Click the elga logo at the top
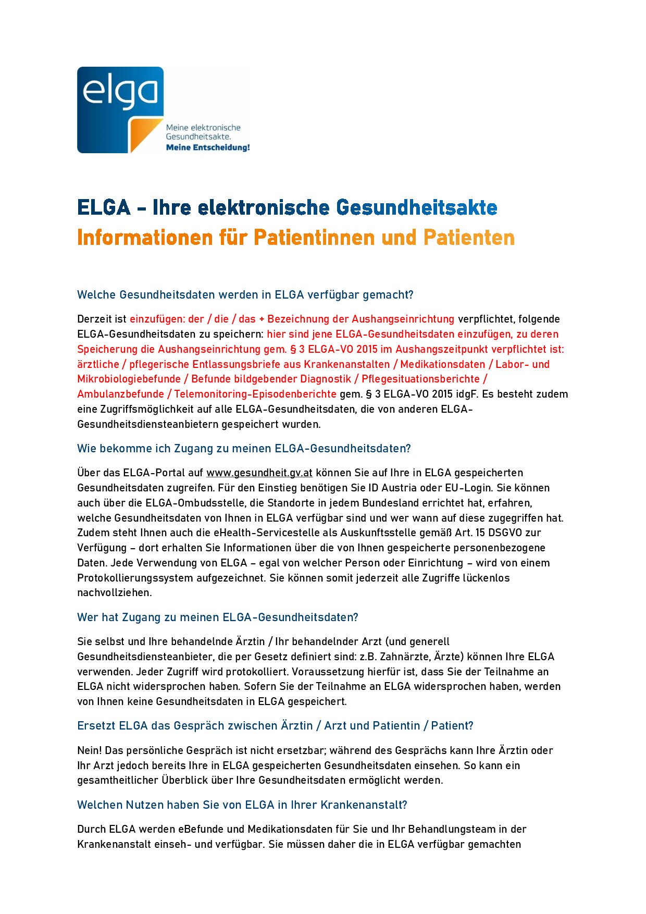click(x=120, y=109)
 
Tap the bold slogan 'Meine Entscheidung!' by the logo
click(x=207, y=147)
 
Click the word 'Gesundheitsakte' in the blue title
click(x=416, y=207)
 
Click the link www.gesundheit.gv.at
click(x=259, y=473)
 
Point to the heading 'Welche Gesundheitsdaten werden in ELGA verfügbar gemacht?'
click(x=245, y=295)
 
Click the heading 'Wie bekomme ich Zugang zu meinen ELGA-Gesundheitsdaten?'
click(x=244, y=449)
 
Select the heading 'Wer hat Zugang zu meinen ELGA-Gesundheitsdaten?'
click(x=217, y=617)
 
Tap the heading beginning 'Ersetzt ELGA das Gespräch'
click(x=275, y=726)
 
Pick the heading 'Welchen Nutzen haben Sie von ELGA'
click(x=242, y=805)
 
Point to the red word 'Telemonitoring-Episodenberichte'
click(x=255, y=394)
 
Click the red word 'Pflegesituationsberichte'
click(x=420, y=379)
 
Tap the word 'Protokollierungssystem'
click(x=135, y=578)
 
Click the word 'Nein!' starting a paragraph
click(x=90, y=750)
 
